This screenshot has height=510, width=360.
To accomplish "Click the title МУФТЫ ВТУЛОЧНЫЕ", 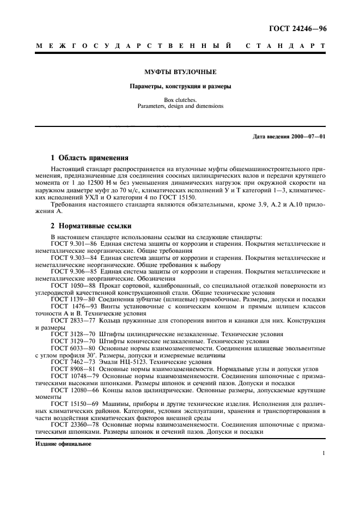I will click(180, 72).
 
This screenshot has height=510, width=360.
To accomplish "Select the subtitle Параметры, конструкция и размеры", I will click(180, 87).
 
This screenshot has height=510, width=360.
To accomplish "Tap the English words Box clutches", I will click(180, 100).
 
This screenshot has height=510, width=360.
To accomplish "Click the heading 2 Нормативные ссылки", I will click(90, 226).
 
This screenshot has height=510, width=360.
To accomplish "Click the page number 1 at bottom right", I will click(324, 454).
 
